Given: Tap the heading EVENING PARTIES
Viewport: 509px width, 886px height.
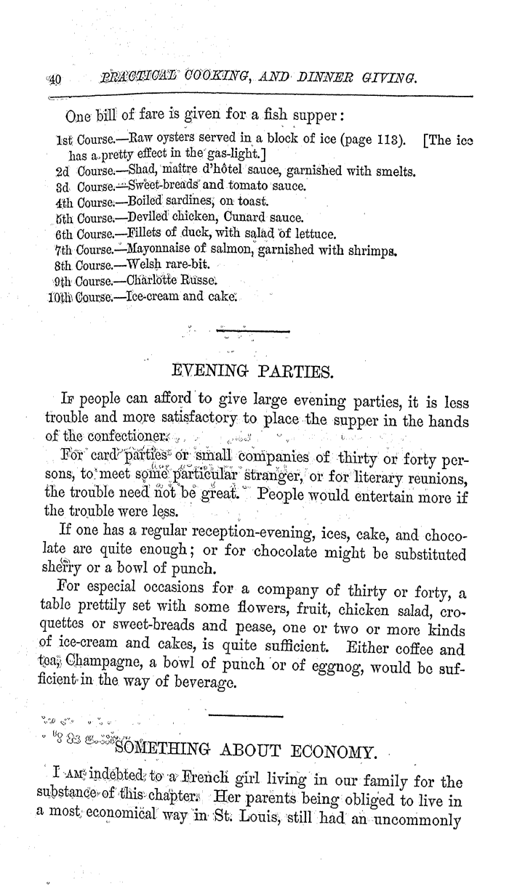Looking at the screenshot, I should (x=251, y=373).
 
